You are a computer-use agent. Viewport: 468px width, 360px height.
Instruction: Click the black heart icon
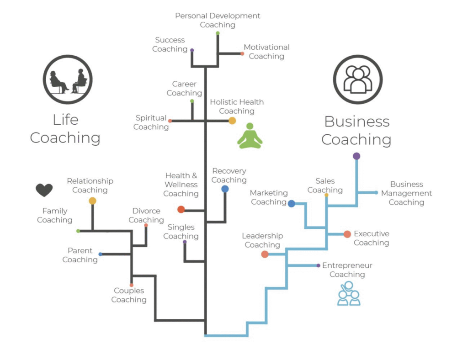(44, 190)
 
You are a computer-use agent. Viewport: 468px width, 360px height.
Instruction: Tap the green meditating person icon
(250, 136)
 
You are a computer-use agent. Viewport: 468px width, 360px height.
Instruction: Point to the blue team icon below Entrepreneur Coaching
(349, 294)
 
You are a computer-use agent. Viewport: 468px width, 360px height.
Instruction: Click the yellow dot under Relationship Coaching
(92, 201)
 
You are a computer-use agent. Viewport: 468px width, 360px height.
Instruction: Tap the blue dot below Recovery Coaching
(225, 189)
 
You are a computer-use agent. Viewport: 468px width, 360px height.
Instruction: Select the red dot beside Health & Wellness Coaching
(181, 210)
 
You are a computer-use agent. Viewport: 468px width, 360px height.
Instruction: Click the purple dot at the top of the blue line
(356, 156)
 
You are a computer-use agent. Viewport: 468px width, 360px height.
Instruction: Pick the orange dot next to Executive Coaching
(347, 234)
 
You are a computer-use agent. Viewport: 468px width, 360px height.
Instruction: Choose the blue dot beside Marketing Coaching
(292, 204)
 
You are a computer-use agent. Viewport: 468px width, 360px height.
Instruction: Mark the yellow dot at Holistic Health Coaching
(232, 121)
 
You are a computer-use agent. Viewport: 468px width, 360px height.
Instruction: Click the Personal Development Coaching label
(218, 20)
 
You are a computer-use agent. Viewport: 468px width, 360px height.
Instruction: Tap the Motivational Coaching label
(266, 52)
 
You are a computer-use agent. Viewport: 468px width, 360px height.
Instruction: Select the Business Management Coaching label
(406, 193)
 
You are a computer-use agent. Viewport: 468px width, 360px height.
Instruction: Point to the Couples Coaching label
(129, 295)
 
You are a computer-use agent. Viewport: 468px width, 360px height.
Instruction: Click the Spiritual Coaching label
(151, 122)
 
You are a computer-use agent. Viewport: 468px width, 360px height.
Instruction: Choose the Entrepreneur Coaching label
(347, 270)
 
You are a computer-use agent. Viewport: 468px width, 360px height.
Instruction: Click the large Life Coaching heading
(65, 128)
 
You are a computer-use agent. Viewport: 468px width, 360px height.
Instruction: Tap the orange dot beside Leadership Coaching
(265, 254)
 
